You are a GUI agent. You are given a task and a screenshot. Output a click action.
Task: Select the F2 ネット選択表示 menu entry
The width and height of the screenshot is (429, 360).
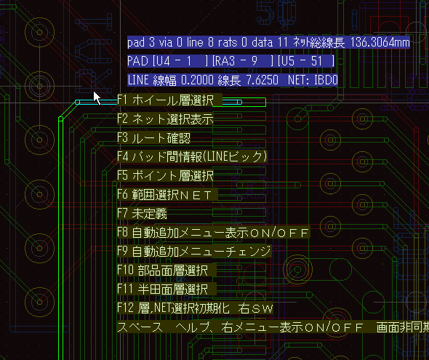coord(165,119)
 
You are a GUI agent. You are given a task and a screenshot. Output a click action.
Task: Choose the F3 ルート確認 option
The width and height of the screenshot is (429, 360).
coord(153,138)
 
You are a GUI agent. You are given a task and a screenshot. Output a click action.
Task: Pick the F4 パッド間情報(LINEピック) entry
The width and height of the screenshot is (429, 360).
coord(192,157)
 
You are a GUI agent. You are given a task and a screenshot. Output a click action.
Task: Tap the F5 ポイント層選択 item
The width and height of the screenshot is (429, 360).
coord(165,175)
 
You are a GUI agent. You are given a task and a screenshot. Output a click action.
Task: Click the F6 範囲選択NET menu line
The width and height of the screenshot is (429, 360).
coord(167,194)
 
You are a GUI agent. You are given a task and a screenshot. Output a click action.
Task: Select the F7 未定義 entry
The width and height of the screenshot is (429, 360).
coord(142,213)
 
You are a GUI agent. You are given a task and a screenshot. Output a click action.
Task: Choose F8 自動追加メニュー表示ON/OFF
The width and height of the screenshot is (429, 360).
coord(213,232)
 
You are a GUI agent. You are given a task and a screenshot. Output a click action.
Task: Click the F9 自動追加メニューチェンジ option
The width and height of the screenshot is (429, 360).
coord(194,251)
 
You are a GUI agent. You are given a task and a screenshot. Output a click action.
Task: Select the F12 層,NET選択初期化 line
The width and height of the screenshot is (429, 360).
coord(174,308)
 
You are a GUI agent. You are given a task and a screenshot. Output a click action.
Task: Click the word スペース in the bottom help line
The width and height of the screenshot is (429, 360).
coord(140,327)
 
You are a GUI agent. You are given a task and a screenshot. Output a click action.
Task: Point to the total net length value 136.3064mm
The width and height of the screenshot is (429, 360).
coord(380,42)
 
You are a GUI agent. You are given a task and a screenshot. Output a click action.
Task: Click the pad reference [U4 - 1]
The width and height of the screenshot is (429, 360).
coord(180,61)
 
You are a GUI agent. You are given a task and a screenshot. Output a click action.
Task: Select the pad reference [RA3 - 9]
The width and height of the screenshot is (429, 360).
coord(243,61)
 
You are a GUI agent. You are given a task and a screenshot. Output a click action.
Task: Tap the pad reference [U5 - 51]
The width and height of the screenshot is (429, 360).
coord(306,61)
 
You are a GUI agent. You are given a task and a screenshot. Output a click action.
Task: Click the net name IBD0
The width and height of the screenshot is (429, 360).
coord(326,80)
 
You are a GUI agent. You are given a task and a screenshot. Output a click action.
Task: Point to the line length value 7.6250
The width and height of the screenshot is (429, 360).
coord(262,80)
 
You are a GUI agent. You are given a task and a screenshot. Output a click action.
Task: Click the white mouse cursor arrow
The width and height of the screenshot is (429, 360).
coord(97,98)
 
